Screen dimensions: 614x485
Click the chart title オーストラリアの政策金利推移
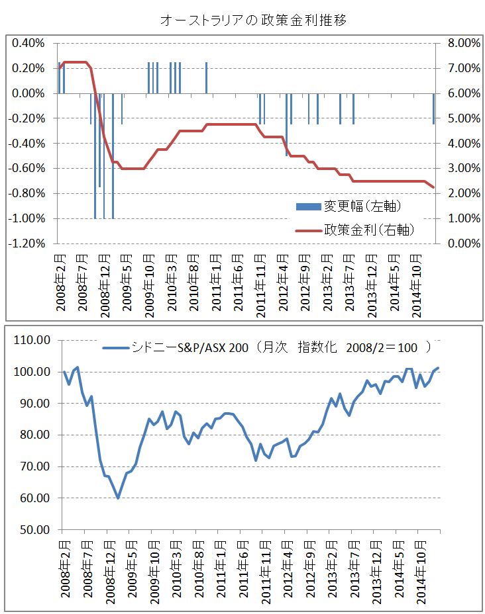click(254, 21)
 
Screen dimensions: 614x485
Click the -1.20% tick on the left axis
click(28, 243)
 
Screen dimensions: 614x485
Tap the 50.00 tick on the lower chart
click(33, 530)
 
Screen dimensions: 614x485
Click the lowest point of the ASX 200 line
click(118, 498)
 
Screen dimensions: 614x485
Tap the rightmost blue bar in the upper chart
click(434, 109)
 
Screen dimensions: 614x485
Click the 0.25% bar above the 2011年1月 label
click(207, 78)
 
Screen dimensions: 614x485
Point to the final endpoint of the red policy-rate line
click(434, 187)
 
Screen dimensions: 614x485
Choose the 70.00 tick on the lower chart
click(33, 466)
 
